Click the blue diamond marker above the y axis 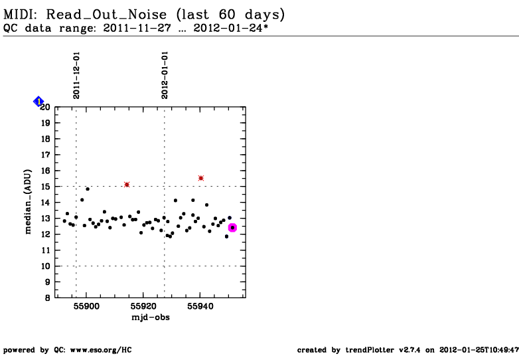[x=38, y=101]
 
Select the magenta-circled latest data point [x=232, y=228]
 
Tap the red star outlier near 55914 [x=127, y=184]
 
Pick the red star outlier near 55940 [x=201, y=178]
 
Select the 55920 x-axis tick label [x=143, y=307]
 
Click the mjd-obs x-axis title [x=151, y=317]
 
